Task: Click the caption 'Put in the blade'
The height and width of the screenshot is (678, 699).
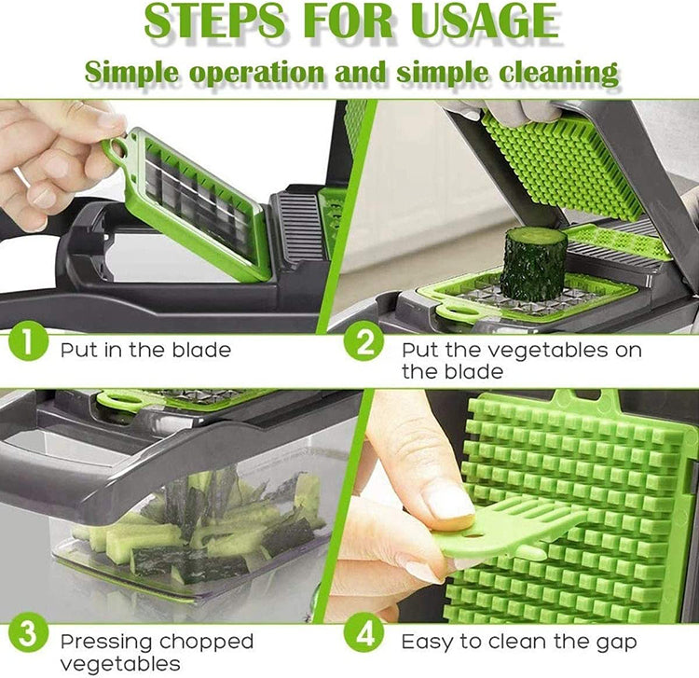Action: click(x=145, y=351)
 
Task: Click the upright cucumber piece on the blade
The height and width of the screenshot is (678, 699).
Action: click(x=533, y=262)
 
